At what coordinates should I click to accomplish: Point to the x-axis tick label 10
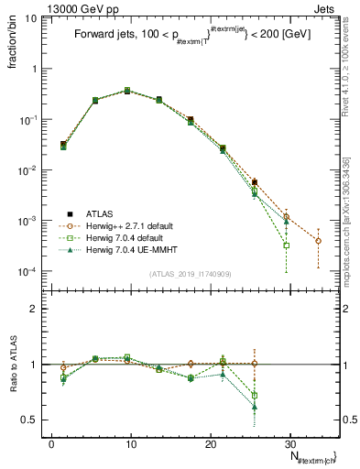click(x=130, y=442)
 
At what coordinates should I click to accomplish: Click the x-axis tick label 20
click(x=209, y=442)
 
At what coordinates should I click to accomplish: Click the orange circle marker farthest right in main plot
click(x=318, y=241)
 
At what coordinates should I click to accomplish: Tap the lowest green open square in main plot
click(x=287, y=245)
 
